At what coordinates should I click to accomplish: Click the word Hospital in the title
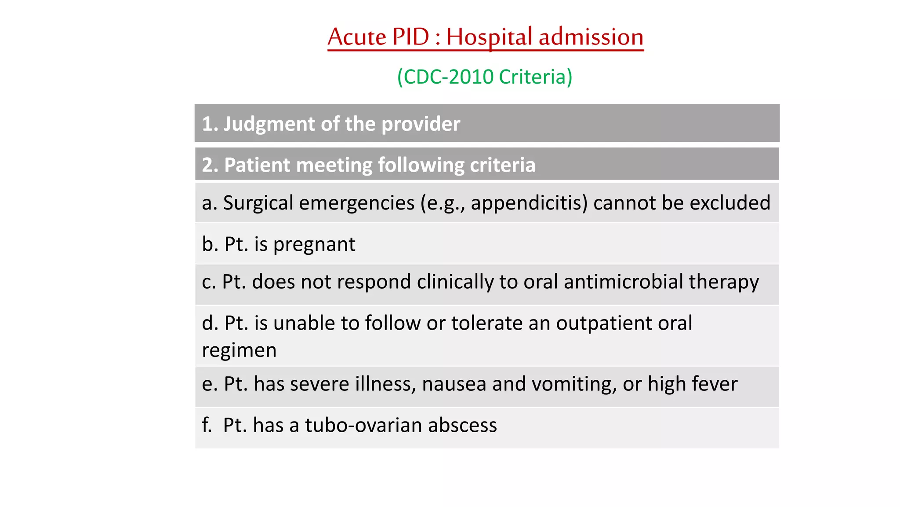tap(489, 37)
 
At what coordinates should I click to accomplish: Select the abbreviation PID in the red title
tap(410, 37)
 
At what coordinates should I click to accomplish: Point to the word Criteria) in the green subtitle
tap(536, 77)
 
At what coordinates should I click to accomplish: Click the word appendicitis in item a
tap(529, 203)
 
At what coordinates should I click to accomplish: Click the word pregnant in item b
tap(314, 245)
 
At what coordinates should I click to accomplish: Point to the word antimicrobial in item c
tap(623, 282)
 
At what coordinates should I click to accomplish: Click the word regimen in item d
tap(239, 351)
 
